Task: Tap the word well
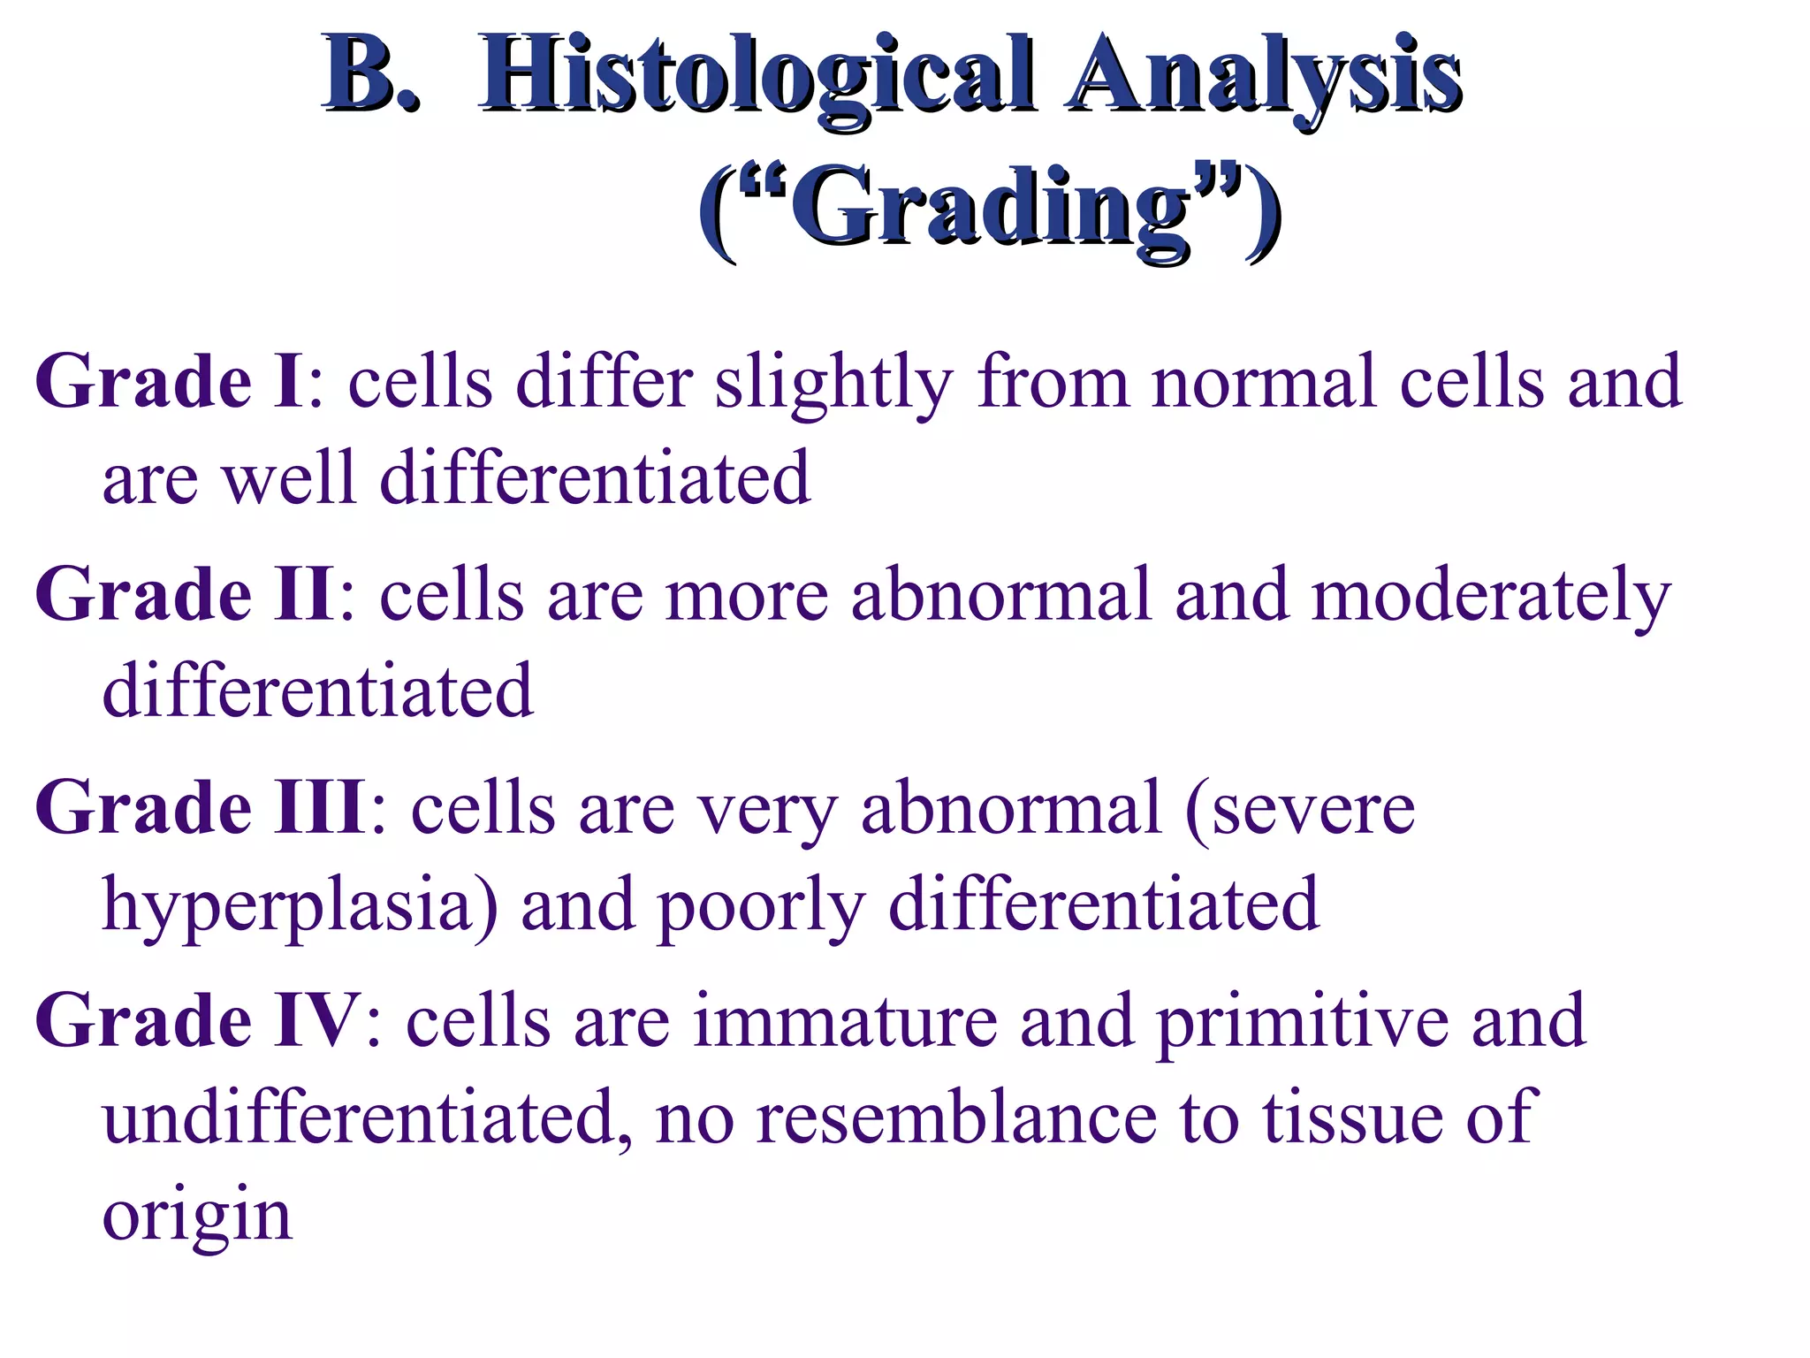288,478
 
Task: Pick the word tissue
1351,1118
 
